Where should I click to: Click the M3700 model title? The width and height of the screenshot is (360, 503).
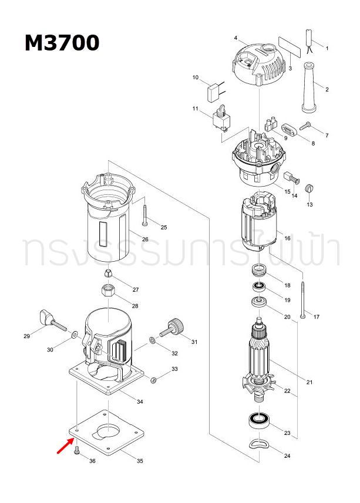[x=62, y=43]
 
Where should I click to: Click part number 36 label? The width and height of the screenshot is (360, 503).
[x=92, y=461]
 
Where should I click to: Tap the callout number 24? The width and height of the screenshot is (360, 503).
[x=287, y=456]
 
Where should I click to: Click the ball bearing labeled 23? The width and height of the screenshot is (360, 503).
[x=257, y=420]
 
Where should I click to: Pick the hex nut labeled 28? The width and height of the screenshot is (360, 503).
[x=109, y=291]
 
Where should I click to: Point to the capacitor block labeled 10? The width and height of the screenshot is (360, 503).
[x=214, y=91]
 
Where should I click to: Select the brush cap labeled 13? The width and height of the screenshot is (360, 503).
[x=312, y=189]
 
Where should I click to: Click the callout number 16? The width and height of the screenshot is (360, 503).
[x=287, y=239]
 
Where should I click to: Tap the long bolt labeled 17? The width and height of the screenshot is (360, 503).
[x=302, y=299]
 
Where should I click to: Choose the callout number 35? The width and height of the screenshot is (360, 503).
[x=140, y=461]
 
